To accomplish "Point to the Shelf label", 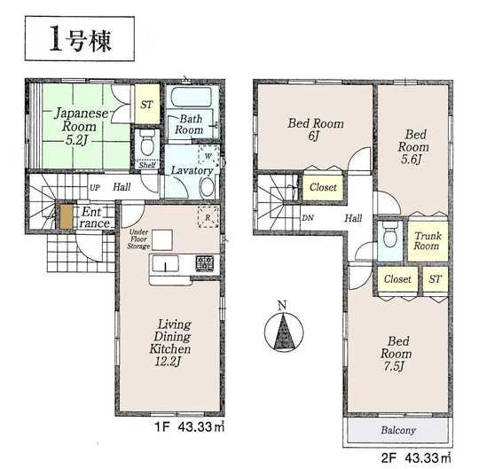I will pos(147,164).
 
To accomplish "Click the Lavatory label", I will pos(190,170).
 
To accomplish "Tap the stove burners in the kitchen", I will pos(203,263).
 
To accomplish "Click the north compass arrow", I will pos(281,332).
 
